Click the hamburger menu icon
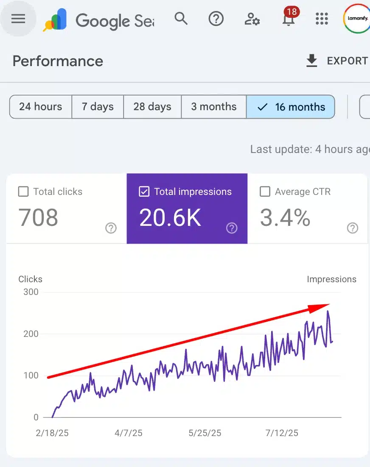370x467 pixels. coord(18,19)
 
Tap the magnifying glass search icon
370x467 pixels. coord(181,19)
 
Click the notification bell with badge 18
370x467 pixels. coord(289,19)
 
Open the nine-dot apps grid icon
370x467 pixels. coord(322,19)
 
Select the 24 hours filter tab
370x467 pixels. coord(41,106)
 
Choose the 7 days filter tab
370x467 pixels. coord(98,106)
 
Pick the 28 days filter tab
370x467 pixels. coord(152,106)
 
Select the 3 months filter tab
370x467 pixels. coord(213,106)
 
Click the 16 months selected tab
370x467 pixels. coord(291,106)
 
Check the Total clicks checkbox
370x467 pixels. coord(23,192)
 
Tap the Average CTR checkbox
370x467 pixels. coord(265,192)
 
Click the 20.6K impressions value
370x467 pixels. coord(170,217)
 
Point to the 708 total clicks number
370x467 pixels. coord(38,217)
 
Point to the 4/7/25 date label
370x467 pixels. coord(129,433)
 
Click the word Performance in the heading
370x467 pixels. coord(58,61)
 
